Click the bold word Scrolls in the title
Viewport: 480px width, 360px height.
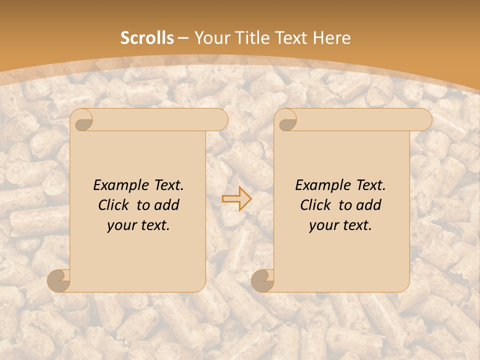click(147, 38)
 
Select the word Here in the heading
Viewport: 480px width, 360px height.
click(331, 38)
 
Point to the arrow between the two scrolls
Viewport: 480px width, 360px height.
click(237, 199)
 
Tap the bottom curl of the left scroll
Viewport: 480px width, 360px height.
click(58, 280)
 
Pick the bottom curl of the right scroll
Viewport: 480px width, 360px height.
click(262, 280)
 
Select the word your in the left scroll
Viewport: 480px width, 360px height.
click(121, 225)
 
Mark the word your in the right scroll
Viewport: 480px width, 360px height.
click(323, 225)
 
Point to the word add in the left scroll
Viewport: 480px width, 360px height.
click(166, 205)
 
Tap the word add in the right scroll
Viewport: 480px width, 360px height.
click(368, 205)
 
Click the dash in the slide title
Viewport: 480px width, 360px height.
click(183, 38)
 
